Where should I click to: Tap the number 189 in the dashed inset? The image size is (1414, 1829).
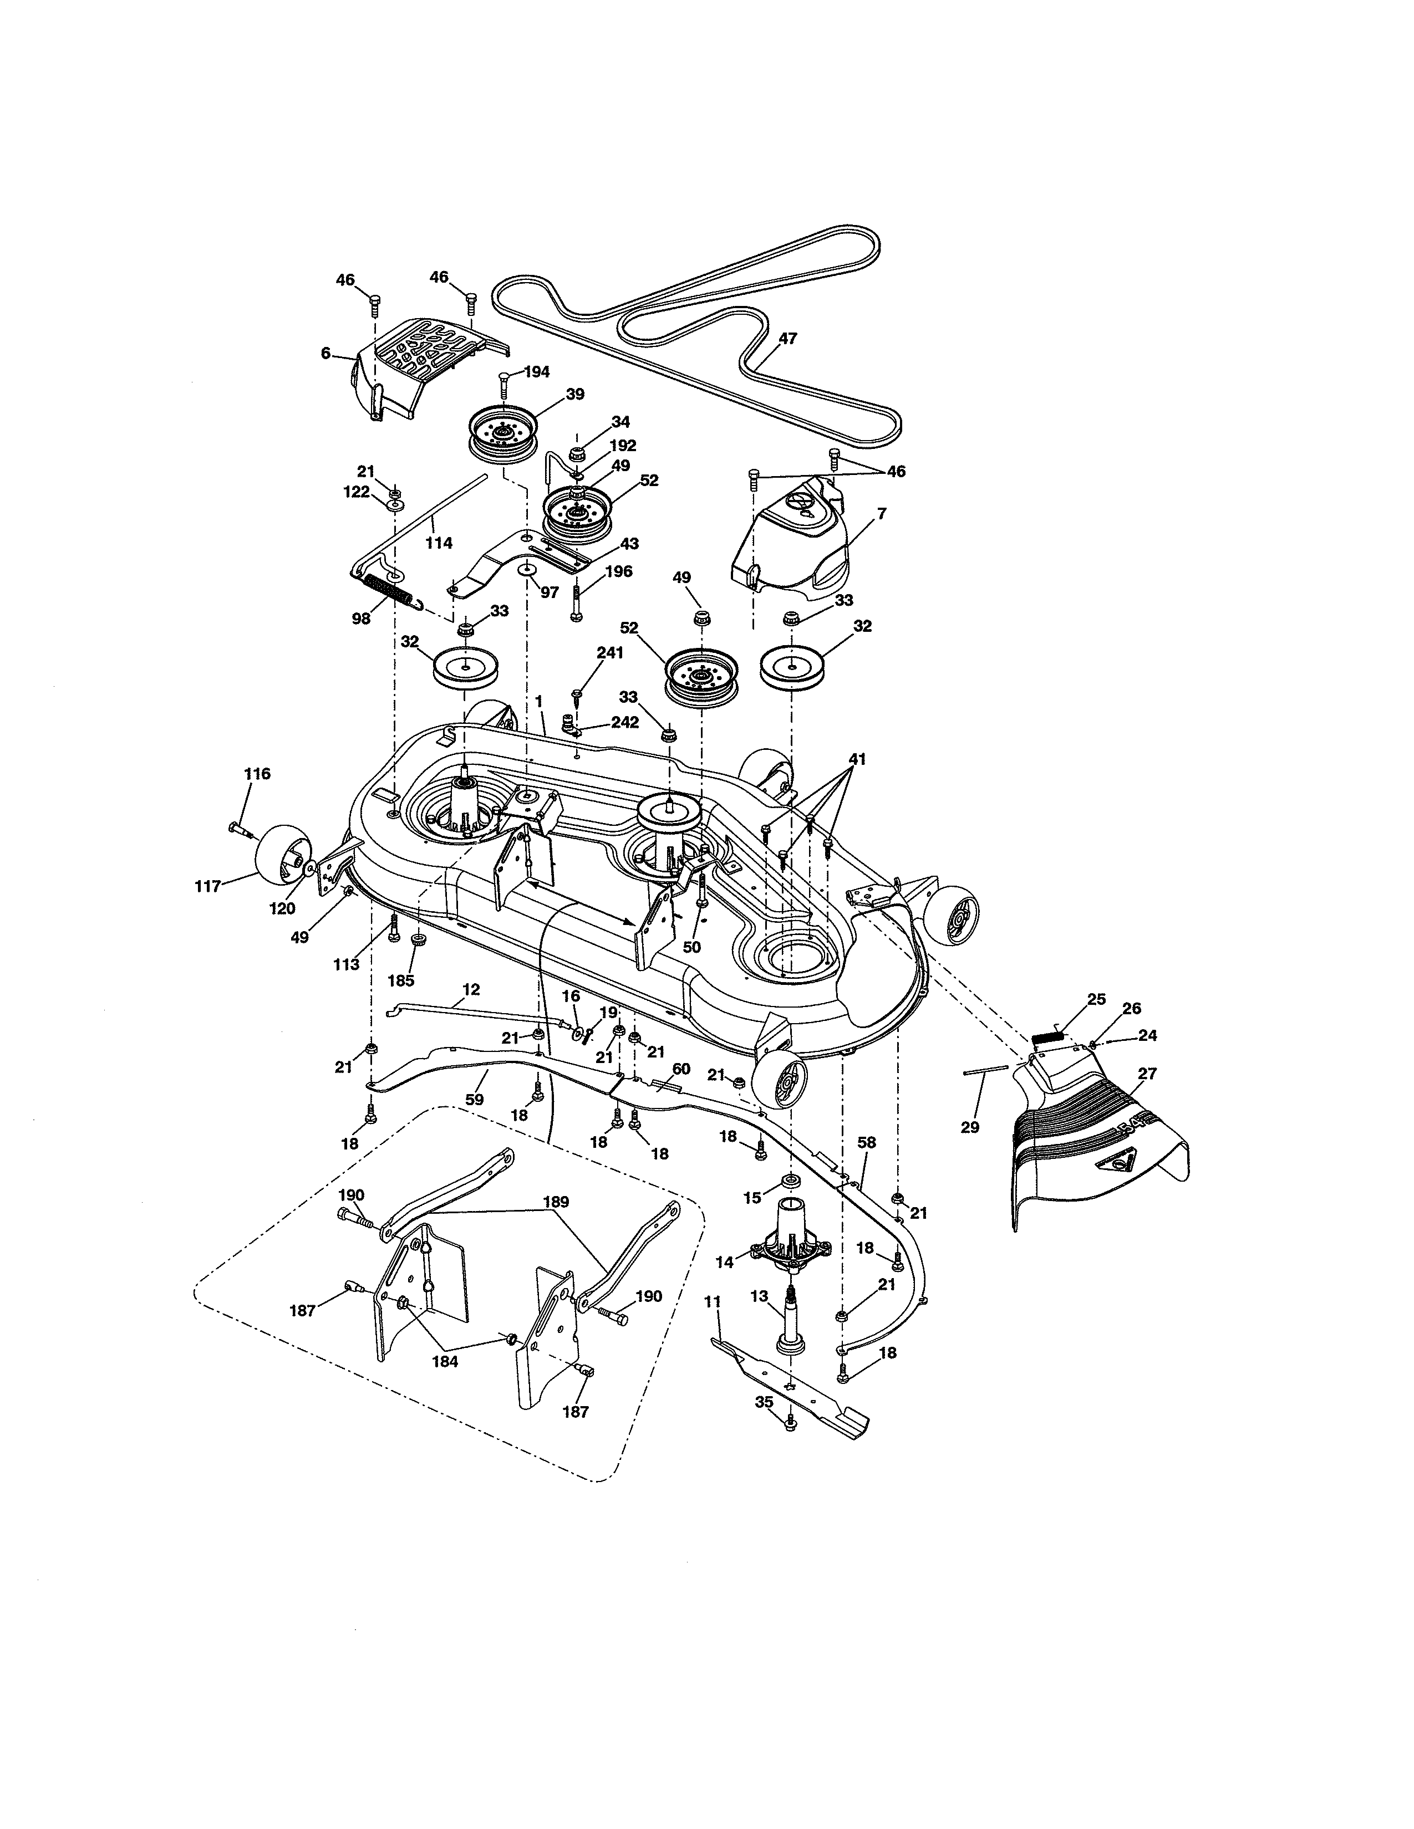coord(556,1202)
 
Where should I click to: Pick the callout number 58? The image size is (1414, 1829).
coord(867,1142)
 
